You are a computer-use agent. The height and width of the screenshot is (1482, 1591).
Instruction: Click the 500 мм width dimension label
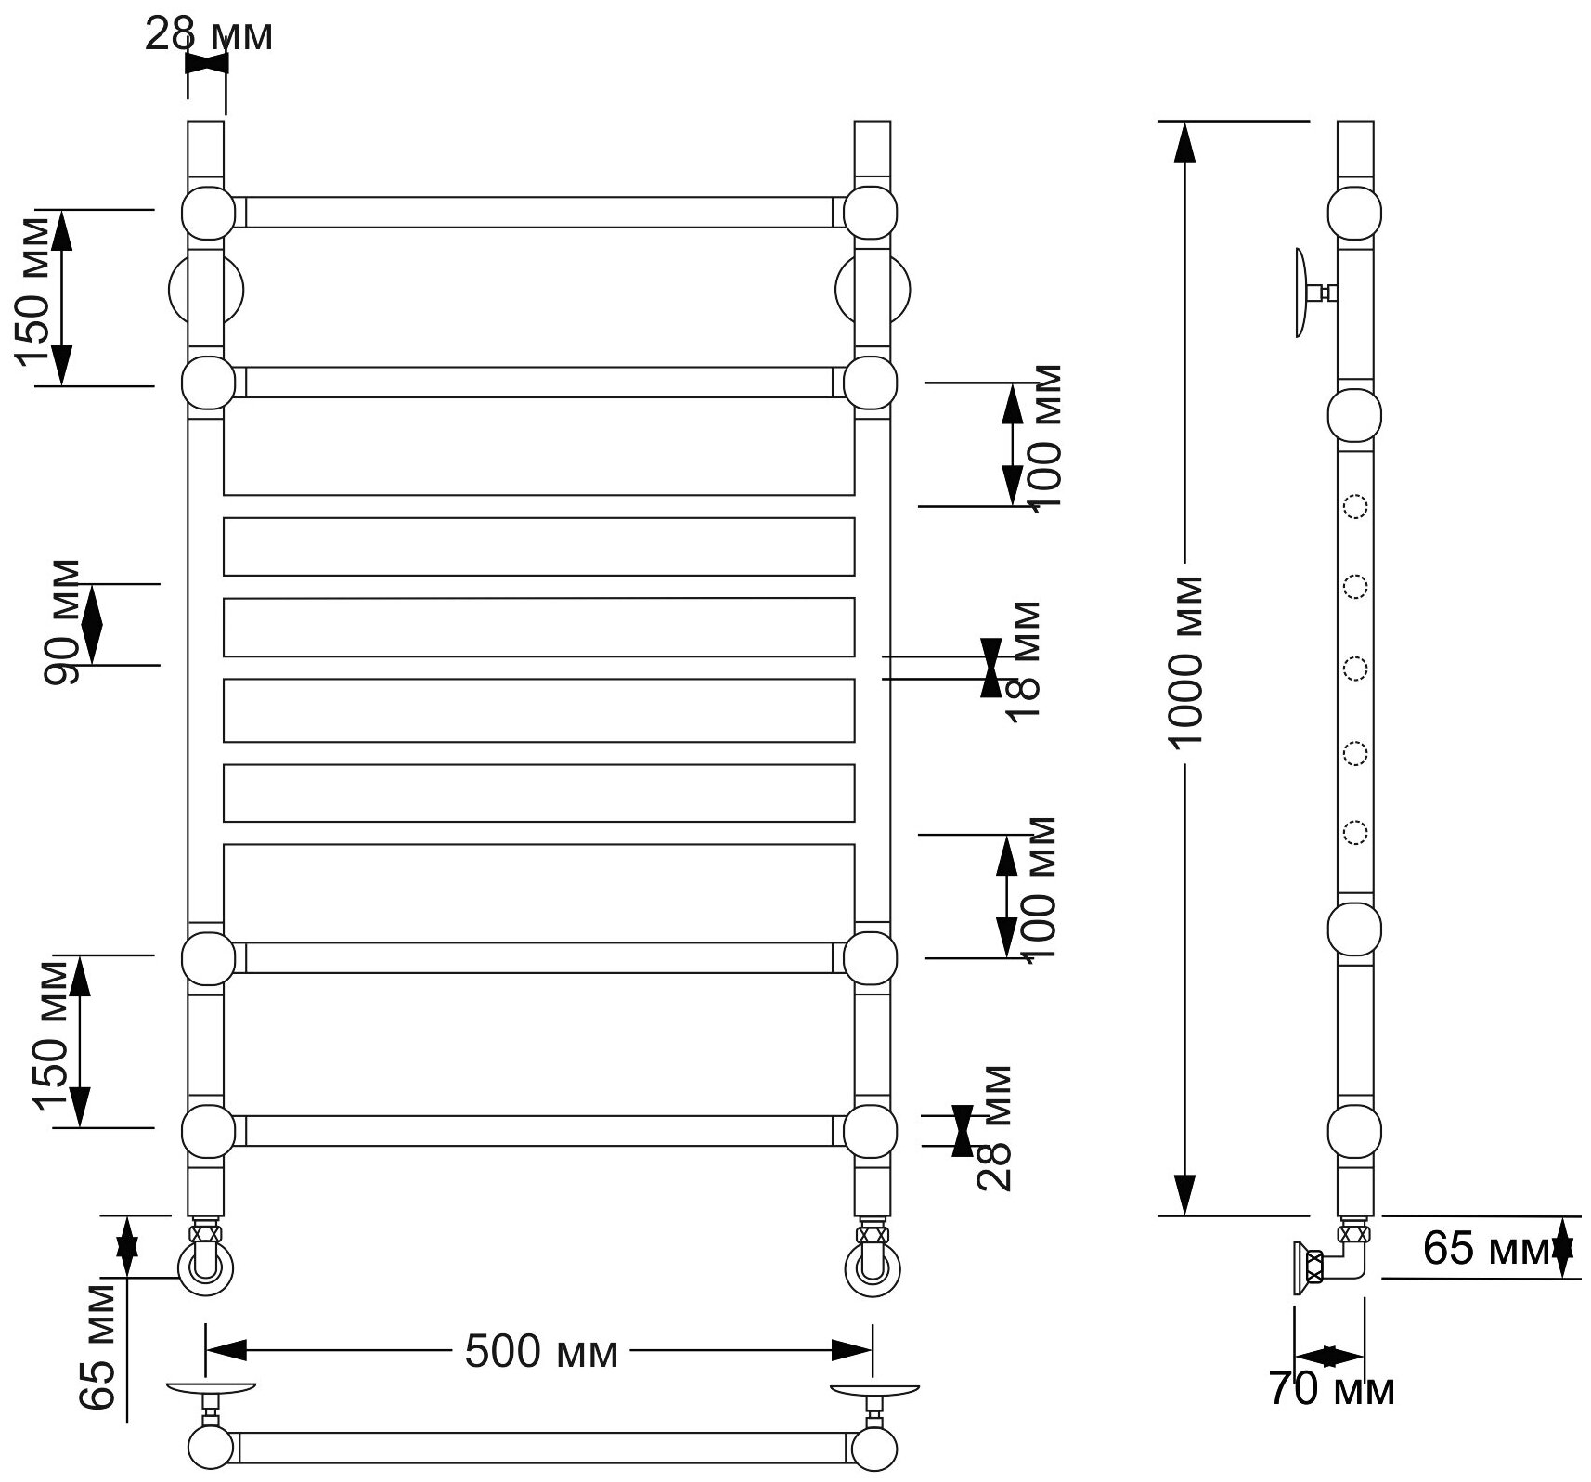541,1352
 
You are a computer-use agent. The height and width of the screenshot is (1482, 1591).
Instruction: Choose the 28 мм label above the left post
209,36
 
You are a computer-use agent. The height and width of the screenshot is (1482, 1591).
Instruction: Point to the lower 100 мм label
1041,890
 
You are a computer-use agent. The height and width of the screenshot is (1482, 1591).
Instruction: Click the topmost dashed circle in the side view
1355,507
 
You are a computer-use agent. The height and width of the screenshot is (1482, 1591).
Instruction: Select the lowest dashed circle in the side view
1355,832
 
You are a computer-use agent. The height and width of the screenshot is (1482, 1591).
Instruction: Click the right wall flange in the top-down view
875,1390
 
